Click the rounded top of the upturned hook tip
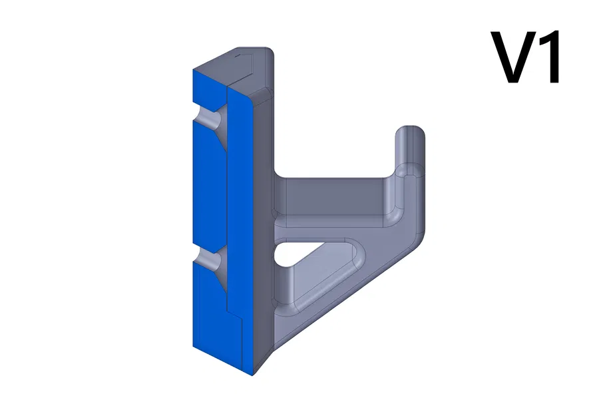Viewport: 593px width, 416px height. pyautogui.click(x=411, y=132)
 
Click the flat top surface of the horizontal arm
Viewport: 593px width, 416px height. pyautogui.click(x=333, y=193)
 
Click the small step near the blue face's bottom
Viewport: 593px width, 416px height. pyautogui.click(x=236, y=318)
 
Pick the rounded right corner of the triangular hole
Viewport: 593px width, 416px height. pyautogui.click(x=360, y=256)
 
